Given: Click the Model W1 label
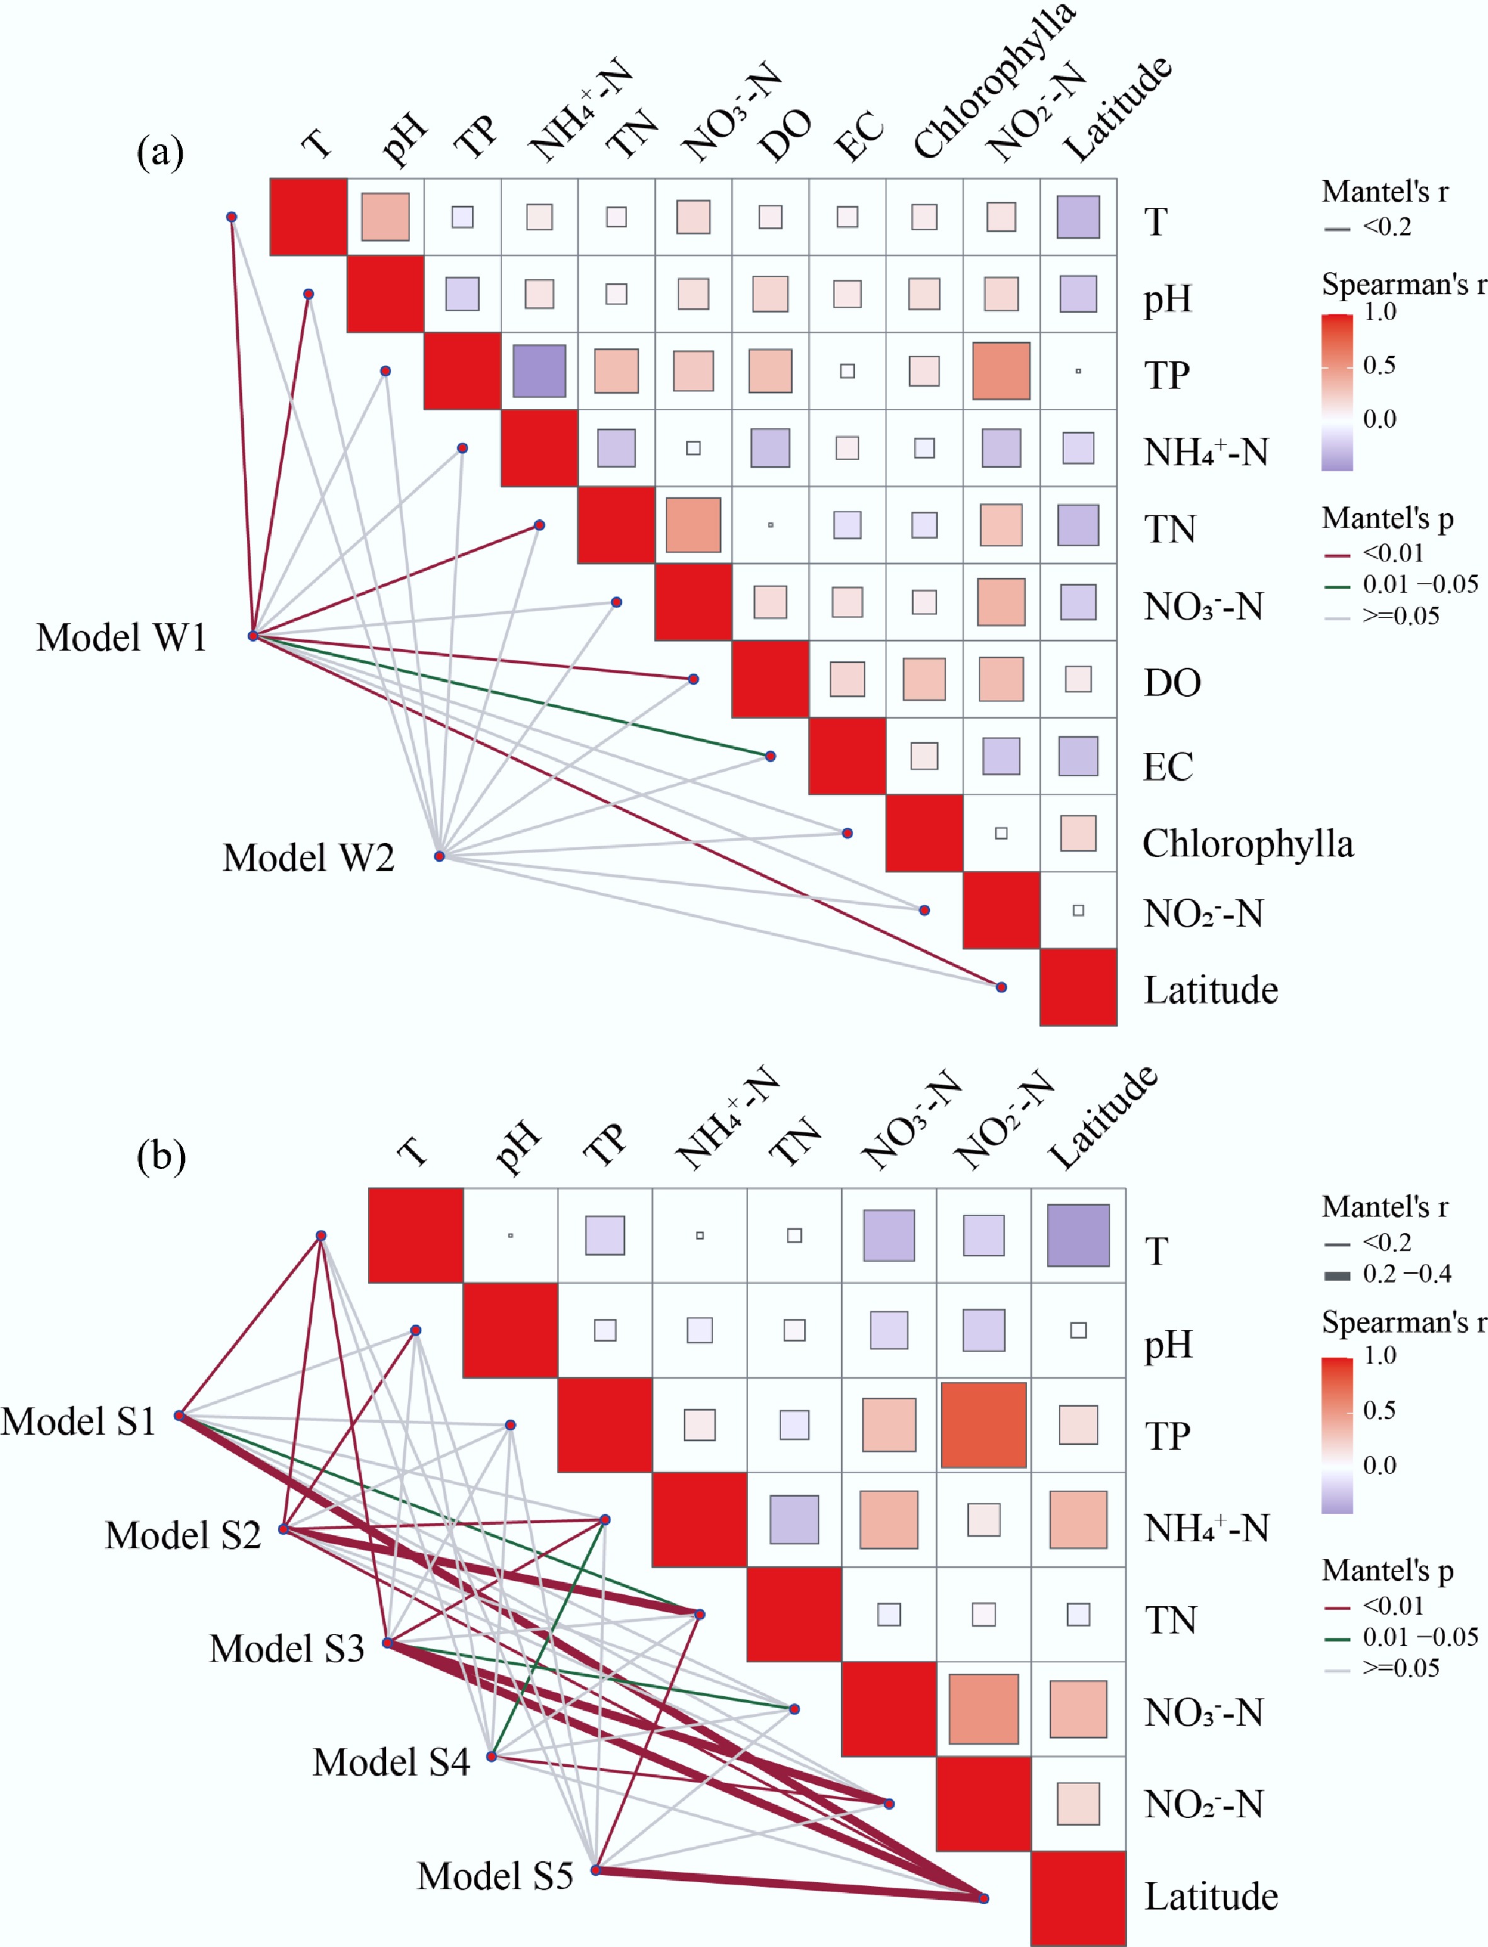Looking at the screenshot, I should [x=122, y=638].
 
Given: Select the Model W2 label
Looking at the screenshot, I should [x=308, y=858].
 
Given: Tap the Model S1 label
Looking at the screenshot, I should [x=78, y=1421].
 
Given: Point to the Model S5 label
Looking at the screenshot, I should [x=495, y=1875].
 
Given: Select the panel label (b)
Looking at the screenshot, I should [x=161, y=1156].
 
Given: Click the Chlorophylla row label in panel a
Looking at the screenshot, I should [x=1247, y=844].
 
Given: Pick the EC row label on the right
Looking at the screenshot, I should [x=1167, y=767].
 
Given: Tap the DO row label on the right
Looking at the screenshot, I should [x=1172, y=683].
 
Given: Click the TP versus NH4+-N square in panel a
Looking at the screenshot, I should [x=539, y=371].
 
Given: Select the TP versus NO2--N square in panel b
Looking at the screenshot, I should [x=983, y=1425].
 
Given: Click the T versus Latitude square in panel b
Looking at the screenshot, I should [x=1078, y=1235].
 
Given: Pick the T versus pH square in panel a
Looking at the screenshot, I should [x=386, y=217].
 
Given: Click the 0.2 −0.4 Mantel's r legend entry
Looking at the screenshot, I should [x=1407, y=1274].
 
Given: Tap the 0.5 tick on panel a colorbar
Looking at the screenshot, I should [x=1379, y=365].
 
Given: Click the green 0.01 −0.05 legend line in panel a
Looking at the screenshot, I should [x=1337, y=585].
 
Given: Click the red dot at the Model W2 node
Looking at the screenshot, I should [x=439, y=856].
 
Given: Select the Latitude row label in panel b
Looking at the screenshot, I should [x=1211, y=1897].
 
